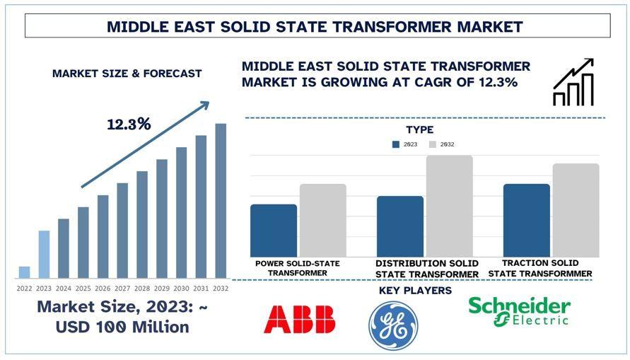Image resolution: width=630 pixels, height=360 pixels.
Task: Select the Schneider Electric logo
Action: (x=519, y=311)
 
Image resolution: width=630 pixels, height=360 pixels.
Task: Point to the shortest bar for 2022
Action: (x=24, y=272)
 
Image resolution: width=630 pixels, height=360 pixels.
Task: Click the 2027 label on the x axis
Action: (x=122, y=288)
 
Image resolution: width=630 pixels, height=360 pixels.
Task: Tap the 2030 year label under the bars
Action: (x=182, y=288)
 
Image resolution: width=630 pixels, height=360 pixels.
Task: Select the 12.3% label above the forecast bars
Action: (x=129, y=124)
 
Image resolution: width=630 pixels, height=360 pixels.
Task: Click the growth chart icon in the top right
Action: (x=573, y=83)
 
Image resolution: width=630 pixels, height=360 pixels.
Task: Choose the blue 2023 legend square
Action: (x=396, y=144)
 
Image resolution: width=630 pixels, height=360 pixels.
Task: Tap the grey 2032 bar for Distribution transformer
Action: (x=449, y=206)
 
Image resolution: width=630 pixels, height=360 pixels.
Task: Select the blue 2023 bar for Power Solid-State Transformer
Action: (x=274, y=231)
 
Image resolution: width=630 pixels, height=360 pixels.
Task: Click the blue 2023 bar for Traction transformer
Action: (x=526, y=221)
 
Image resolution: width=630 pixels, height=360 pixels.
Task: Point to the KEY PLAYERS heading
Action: (x=415, y=291)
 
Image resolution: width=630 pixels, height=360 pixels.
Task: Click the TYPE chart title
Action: (x=419, y=130)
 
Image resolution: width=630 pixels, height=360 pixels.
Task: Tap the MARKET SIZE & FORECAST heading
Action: (x=127, y=74)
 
